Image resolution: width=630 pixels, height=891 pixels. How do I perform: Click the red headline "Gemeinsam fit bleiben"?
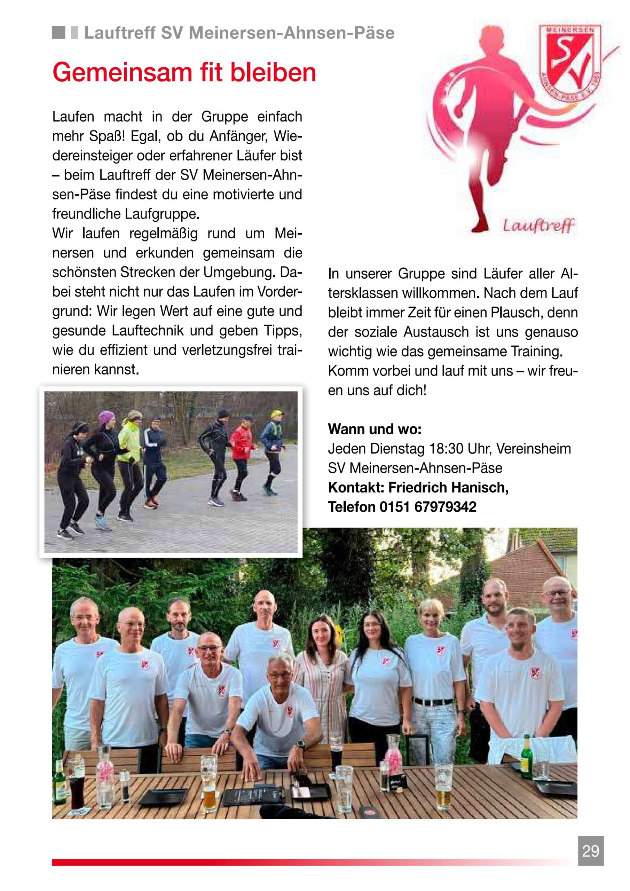coord(184,73)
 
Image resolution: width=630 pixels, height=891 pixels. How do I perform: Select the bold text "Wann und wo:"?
coord(375,429)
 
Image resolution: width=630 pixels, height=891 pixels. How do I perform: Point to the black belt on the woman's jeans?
coord(427,702)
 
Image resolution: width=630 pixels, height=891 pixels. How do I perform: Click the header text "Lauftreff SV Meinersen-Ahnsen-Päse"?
coord(239,33)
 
